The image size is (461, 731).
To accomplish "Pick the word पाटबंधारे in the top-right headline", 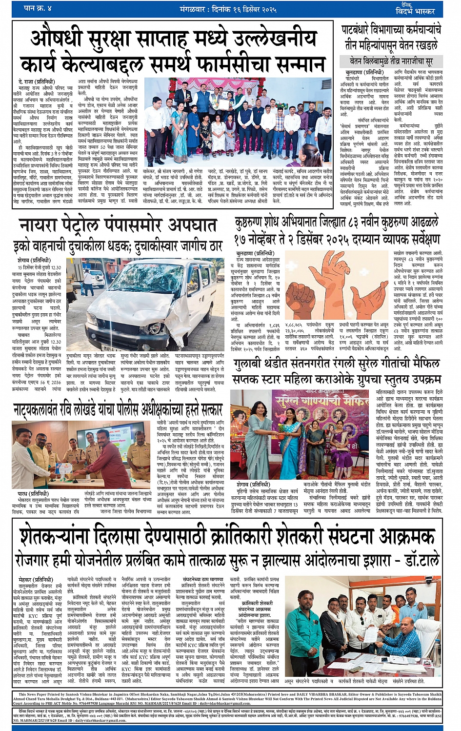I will pyautogui.click(x=361, y=30).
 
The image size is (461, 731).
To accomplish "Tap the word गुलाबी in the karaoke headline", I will pyautogui.click(x=253, y=365).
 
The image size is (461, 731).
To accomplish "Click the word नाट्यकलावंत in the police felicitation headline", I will pyautogui.click(x=54, y=410).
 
